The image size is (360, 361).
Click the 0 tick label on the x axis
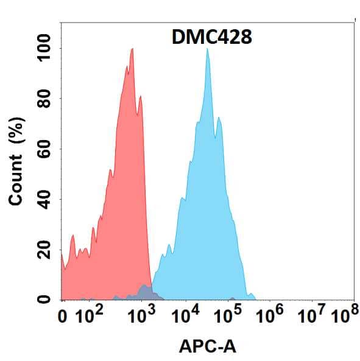[x=62, y=317]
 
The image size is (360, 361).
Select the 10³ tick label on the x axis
[x=141, y=316]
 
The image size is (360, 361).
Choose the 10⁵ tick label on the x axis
[x=230, y=316]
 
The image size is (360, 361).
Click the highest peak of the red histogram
[x=132, y=50]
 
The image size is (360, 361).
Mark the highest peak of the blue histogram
[x=208, y=50]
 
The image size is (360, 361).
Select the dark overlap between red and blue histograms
[x=145, y=292]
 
